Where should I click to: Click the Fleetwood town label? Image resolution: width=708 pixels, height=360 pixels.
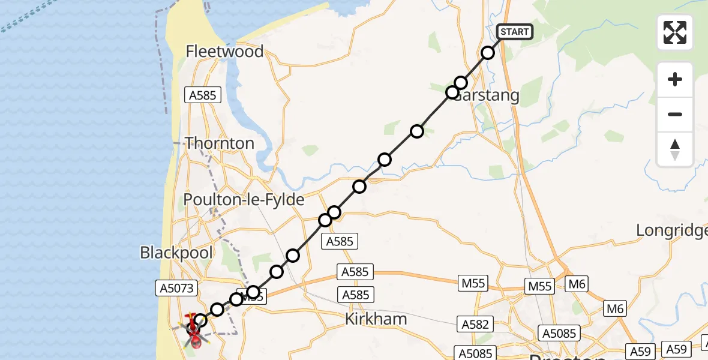point(224,52)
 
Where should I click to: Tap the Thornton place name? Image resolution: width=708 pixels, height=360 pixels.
point(220,143)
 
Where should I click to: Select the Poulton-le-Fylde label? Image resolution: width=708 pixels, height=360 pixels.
point(244,200)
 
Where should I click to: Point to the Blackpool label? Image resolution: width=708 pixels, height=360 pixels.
point(176,253)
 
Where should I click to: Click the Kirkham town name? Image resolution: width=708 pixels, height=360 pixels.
point(376,319)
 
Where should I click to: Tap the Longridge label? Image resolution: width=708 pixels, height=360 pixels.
point(671,230)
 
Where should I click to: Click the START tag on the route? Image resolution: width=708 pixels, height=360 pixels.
point(515,32)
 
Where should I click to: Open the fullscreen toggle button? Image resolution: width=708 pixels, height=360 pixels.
point(675,32)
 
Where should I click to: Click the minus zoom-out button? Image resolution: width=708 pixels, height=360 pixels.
point(675,114)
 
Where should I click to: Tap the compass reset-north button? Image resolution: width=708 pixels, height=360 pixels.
point(675,149)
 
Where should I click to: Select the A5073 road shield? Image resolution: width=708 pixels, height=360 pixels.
point(176,288)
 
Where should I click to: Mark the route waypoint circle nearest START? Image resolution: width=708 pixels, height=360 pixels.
point(488,53)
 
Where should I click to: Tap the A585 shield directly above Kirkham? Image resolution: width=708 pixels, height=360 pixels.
point(355,295)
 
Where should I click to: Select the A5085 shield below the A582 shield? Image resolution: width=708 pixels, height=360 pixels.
point(476,352)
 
